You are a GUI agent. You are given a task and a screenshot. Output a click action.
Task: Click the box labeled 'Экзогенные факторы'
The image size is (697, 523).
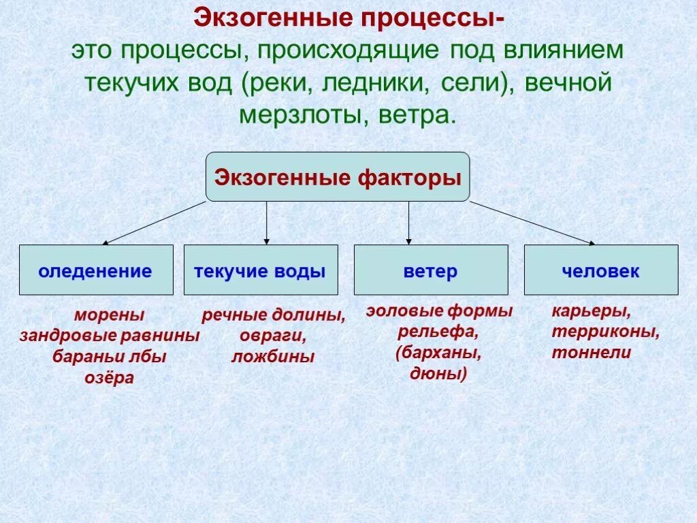338,177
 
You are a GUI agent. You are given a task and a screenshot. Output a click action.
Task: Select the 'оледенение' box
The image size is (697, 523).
96,270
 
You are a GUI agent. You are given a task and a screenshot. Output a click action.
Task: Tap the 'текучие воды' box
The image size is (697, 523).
261,270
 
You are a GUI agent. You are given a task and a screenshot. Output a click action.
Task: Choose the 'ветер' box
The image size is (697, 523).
431,270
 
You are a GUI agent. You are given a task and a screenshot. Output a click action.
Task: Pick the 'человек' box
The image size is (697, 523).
601,270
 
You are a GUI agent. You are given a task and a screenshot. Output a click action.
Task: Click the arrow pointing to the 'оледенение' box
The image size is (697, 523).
154,223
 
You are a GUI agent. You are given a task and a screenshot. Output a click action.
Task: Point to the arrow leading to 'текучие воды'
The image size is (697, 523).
267,223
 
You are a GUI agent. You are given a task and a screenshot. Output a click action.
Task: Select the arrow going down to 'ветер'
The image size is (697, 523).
408,223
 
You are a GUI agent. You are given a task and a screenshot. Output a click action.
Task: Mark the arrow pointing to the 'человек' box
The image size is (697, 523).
533,223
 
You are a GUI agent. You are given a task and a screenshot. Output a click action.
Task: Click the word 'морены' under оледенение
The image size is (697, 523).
110,315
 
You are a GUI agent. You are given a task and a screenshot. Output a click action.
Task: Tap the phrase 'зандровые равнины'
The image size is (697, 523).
110,336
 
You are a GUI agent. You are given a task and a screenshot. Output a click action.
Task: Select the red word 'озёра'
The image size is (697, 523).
110,378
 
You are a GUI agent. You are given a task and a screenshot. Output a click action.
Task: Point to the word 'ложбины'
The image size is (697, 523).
273,357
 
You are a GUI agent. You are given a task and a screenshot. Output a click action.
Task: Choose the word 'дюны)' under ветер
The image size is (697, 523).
439,373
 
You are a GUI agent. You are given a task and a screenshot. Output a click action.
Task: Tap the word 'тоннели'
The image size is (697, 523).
591,353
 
